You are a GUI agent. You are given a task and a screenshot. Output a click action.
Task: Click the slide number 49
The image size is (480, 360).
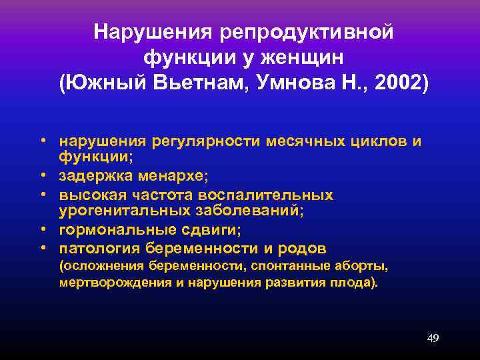point(433,338)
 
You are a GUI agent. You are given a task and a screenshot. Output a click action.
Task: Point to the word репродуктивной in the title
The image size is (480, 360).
point(305,31)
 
